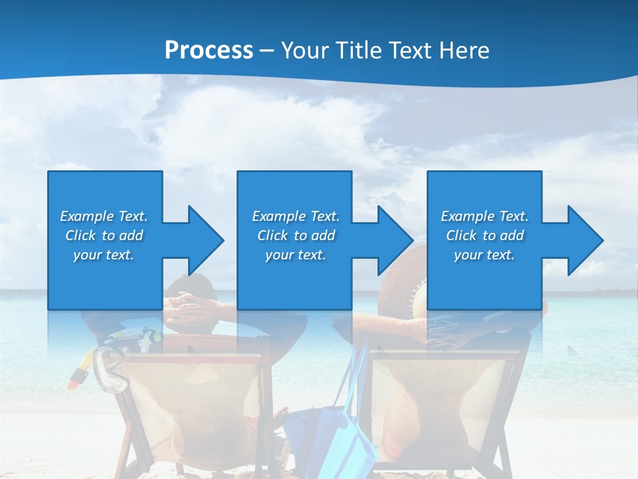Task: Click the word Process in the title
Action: [209, 51]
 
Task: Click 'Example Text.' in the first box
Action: [104, 216]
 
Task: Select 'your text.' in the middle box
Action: [295, 255]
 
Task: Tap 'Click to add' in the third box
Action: [484, 236]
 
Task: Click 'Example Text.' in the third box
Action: [484, 216]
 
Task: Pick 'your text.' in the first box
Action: [104, 255]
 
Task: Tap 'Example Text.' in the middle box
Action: [295, 216]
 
